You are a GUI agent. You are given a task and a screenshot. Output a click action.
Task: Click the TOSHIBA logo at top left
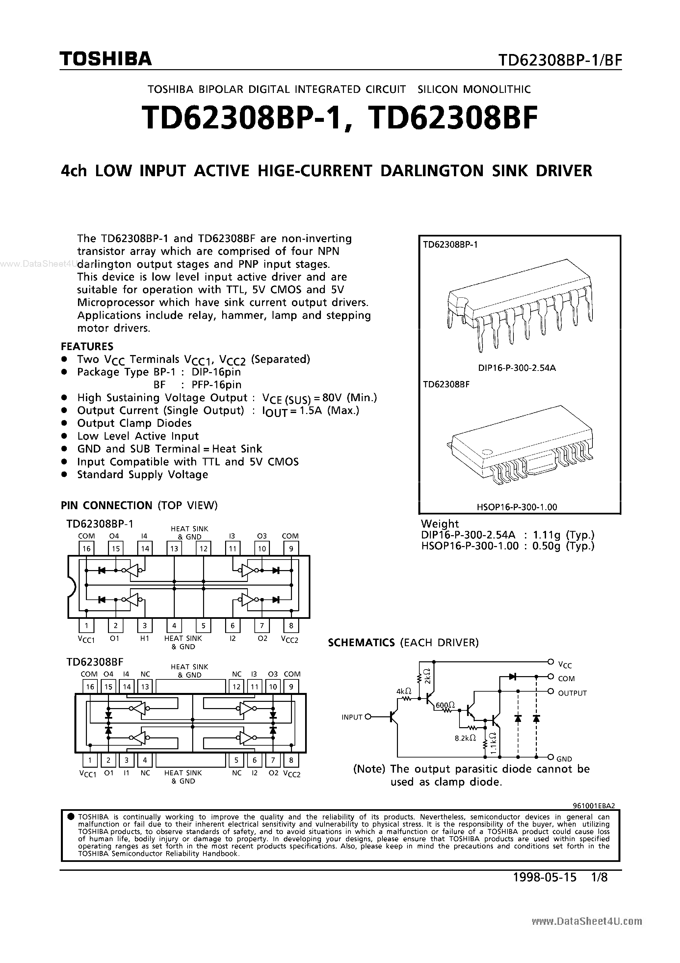tap(105, 59)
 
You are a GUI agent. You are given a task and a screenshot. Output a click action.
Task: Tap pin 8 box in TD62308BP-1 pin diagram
tap(291, 626)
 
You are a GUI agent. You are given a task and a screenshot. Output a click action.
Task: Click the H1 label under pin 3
tap(144, 638)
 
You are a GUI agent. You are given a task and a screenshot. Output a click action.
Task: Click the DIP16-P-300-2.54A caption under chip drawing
tap(516, 368)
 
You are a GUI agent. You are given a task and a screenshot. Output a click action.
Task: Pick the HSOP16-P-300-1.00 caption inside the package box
tap(516, 507)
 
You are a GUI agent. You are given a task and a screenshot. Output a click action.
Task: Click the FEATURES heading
tap(87, 346)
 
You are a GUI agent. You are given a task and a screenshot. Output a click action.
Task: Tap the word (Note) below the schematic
tap(369, 769)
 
